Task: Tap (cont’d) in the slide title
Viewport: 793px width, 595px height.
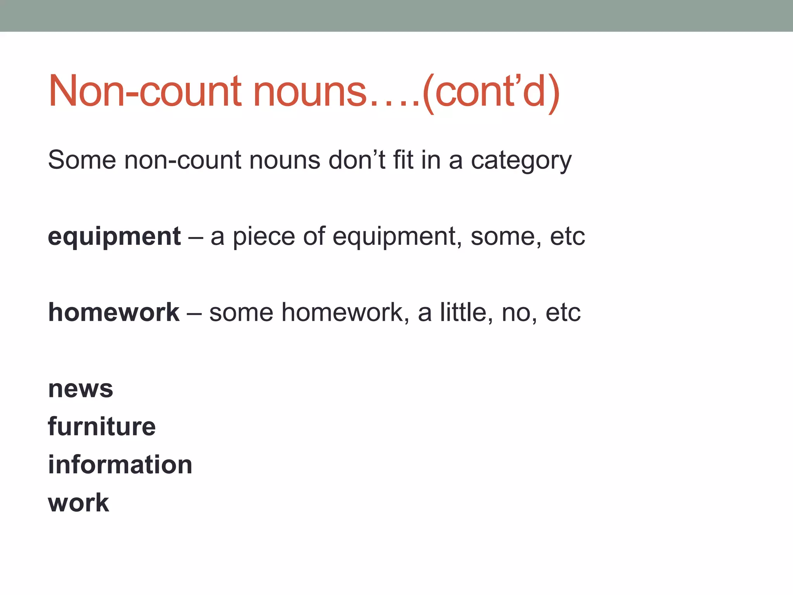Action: pos(491,91)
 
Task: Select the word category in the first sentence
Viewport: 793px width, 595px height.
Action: pos(521,160)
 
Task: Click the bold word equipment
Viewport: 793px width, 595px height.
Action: pos(114,237)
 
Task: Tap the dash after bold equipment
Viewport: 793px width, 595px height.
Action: pos(196,237)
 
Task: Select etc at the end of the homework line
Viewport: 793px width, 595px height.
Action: pos(563,313)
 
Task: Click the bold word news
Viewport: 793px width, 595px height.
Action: pos(81,389)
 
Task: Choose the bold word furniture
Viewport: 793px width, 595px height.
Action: pos(102,426)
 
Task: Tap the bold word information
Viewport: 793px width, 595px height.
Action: pos(120,464)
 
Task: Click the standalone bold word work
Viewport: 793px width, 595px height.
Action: pos(79,503)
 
